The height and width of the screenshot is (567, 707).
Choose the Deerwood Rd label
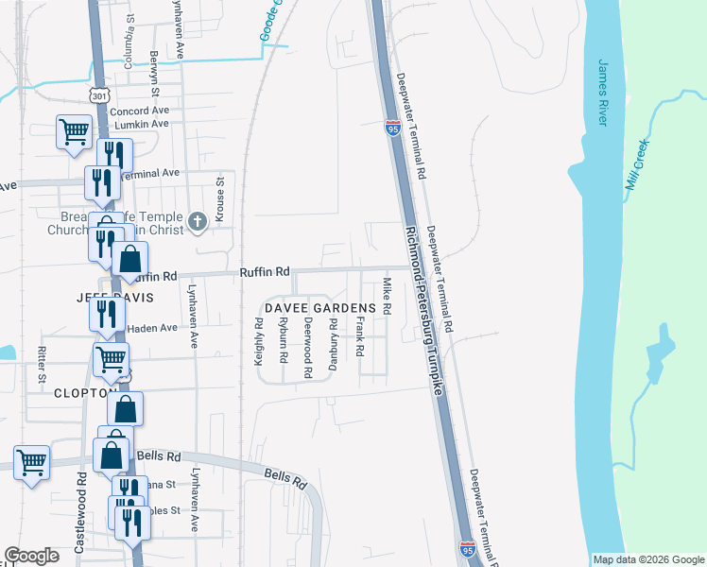tap(308, 348)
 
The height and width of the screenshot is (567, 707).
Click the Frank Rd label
tap(360, 337)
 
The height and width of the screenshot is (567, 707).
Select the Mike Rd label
tap(386, 296)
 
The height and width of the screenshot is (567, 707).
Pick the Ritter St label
tap(42, 364)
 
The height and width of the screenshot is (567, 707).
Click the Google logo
tap(31, 556)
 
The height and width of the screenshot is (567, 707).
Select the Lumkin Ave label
tap(141, 124)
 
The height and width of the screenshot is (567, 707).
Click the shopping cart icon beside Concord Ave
tap(74, 131)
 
